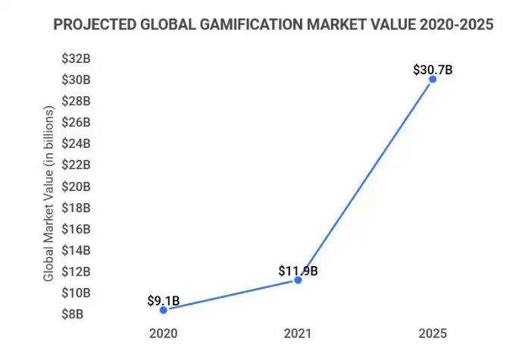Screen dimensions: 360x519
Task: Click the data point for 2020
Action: click(x=163, y=310)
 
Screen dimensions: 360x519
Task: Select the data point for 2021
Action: click(x=298, y=280)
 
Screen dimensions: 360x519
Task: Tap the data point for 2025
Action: click(x=433, y=79)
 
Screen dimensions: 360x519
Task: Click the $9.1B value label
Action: click(x=163, y=301)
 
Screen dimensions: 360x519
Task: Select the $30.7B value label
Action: click(x=433, y=69)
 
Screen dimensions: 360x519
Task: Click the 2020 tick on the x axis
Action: click(x=163, y=333)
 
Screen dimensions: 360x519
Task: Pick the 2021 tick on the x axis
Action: click(x=298, y=333)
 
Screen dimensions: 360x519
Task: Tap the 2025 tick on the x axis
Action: click(x=433, y=333)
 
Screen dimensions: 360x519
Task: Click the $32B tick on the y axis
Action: click(x=77, y=58)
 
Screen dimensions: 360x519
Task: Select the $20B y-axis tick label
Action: click(x=77, y=186)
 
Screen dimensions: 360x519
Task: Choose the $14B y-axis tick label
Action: click(x=77, y=250)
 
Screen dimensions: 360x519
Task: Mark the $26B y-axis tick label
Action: click(x=77, y=122)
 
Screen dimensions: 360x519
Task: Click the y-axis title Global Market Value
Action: click(x=48, y=194)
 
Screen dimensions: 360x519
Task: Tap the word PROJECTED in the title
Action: click(x=89, y=26)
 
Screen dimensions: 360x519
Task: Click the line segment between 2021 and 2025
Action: click(x=365, y=180)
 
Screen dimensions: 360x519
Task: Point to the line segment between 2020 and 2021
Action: click(x=230, y=295)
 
